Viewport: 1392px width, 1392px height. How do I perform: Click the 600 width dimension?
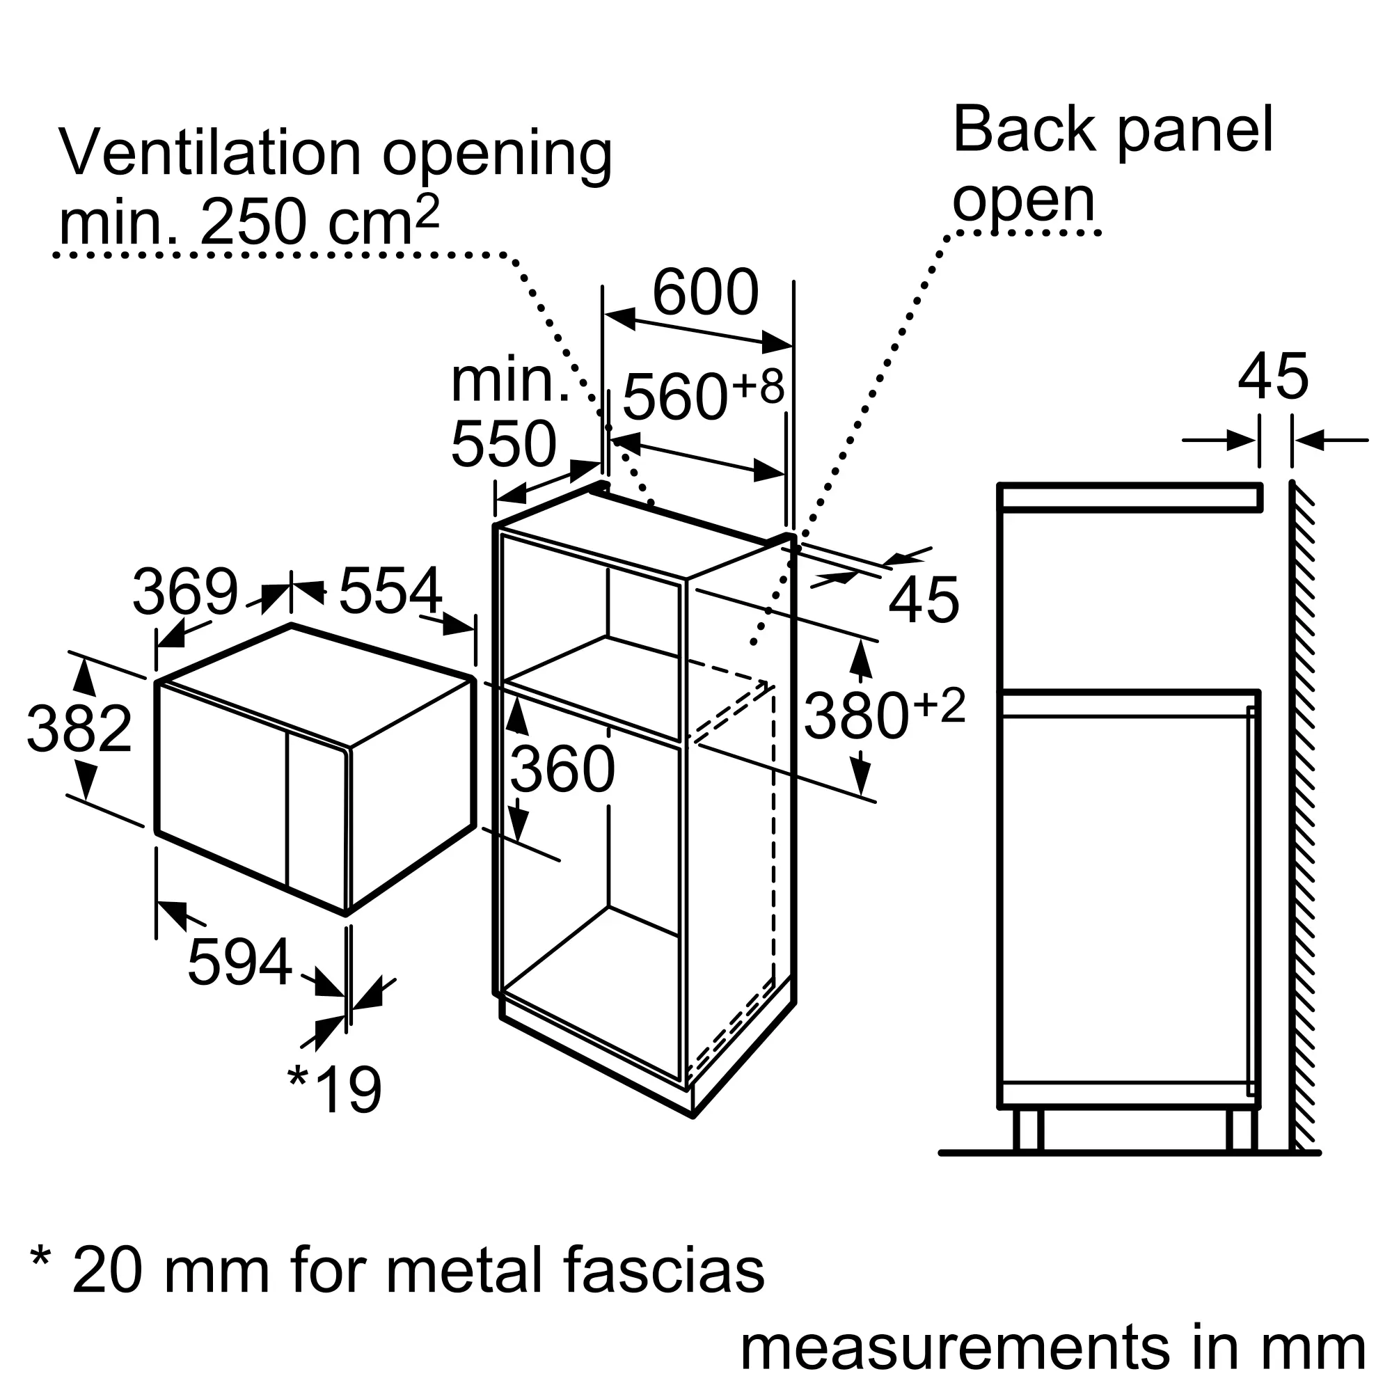coord(704,292)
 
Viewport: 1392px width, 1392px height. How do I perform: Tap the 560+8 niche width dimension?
coord(702,395)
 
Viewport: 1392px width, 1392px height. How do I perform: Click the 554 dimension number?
coord(390,591)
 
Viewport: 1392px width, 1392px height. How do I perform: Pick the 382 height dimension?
coord(79,729)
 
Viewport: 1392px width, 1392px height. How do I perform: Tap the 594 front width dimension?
coord(239,962)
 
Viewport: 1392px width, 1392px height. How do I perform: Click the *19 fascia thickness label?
coord(334,1090)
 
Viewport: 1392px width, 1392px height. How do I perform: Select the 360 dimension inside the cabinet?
coord(562,770)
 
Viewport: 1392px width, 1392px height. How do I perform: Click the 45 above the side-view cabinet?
coord(1273,377)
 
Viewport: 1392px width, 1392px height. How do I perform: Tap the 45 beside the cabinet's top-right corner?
coord(924,600)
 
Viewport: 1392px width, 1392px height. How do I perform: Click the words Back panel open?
coord(1112,164)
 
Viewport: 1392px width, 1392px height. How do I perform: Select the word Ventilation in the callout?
coord(209,152)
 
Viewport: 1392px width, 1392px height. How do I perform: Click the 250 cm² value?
coord(319,223)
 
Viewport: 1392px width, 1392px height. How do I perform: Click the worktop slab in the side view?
coord(1129,498)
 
